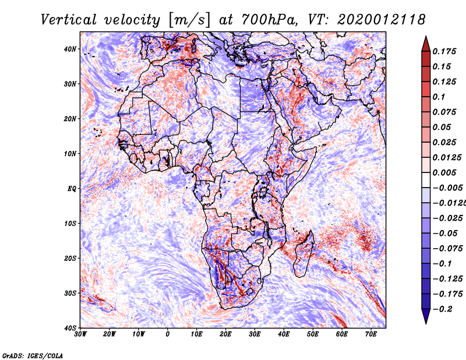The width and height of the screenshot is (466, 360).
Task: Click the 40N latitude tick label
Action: pyautogui.click(x=70, y=49)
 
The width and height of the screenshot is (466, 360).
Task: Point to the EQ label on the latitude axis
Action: pyautogui.click(x=72, y=189)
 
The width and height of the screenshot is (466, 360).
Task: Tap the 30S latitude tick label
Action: pyautogui.click(x=70, y=293)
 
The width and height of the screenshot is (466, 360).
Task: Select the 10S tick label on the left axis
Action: pyautogui.click(x=70, y=223)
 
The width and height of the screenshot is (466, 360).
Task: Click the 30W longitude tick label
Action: pyautogui.click(x=80, y=334)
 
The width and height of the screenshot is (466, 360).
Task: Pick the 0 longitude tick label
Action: pyautogui.click(x=168, y=334)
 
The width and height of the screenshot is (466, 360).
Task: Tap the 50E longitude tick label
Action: pyautogui.click(x=313, y=334)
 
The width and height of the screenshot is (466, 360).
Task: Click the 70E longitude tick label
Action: pyautogui.click(x=371, y=334)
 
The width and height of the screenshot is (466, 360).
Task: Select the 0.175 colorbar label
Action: pyautogui.click(x=444, y=51)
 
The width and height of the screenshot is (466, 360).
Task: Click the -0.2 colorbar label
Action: pyautogui.click(x=443, y=309)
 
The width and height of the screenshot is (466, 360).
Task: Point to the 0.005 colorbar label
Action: pyautogui.click(x=444, y=172)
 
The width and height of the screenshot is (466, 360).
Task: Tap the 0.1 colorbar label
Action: pyautogui.click(x=439, y=97)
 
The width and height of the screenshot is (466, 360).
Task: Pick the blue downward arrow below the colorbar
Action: pyautogui.click(x=426, y=316)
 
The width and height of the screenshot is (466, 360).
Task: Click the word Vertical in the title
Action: pyautogui.click(x=68, y=20)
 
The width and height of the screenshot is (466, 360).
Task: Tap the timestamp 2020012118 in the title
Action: pyautogui.click(x=382, y=20)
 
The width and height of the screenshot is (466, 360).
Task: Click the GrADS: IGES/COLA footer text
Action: pyautogui.click(x=33, y=356)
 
